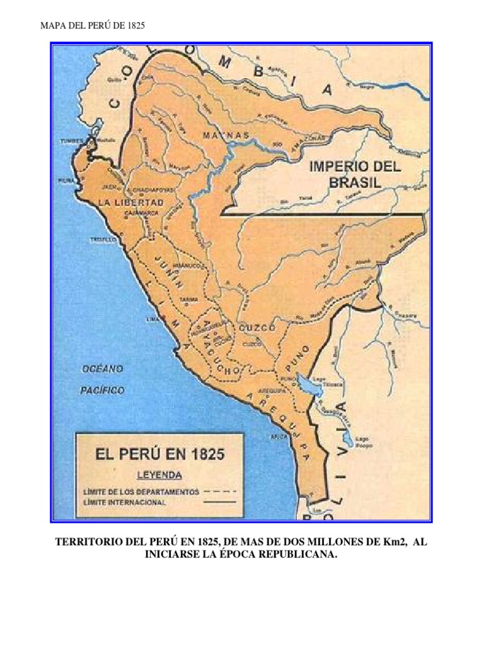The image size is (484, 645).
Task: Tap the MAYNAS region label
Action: (224, 135)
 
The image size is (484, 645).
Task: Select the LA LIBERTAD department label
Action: (131, 202)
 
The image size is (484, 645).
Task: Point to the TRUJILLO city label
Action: (101, 240)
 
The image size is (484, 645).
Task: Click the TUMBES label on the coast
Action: (71, 141)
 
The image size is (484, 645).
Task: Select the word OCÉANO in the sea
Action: (101, 369)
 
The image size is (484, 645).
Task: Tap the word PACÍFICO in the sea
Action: (101, 391)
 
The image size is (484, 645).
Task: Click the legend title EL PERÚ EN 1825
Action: (161, 454)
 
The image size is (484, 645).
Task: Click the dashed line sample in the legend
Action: (220, 491)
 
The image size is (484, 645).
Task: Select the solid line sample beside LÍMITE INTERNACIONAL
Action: (220, 502)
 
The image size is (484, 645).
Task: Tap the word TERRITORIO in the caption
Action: (89, 542)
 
